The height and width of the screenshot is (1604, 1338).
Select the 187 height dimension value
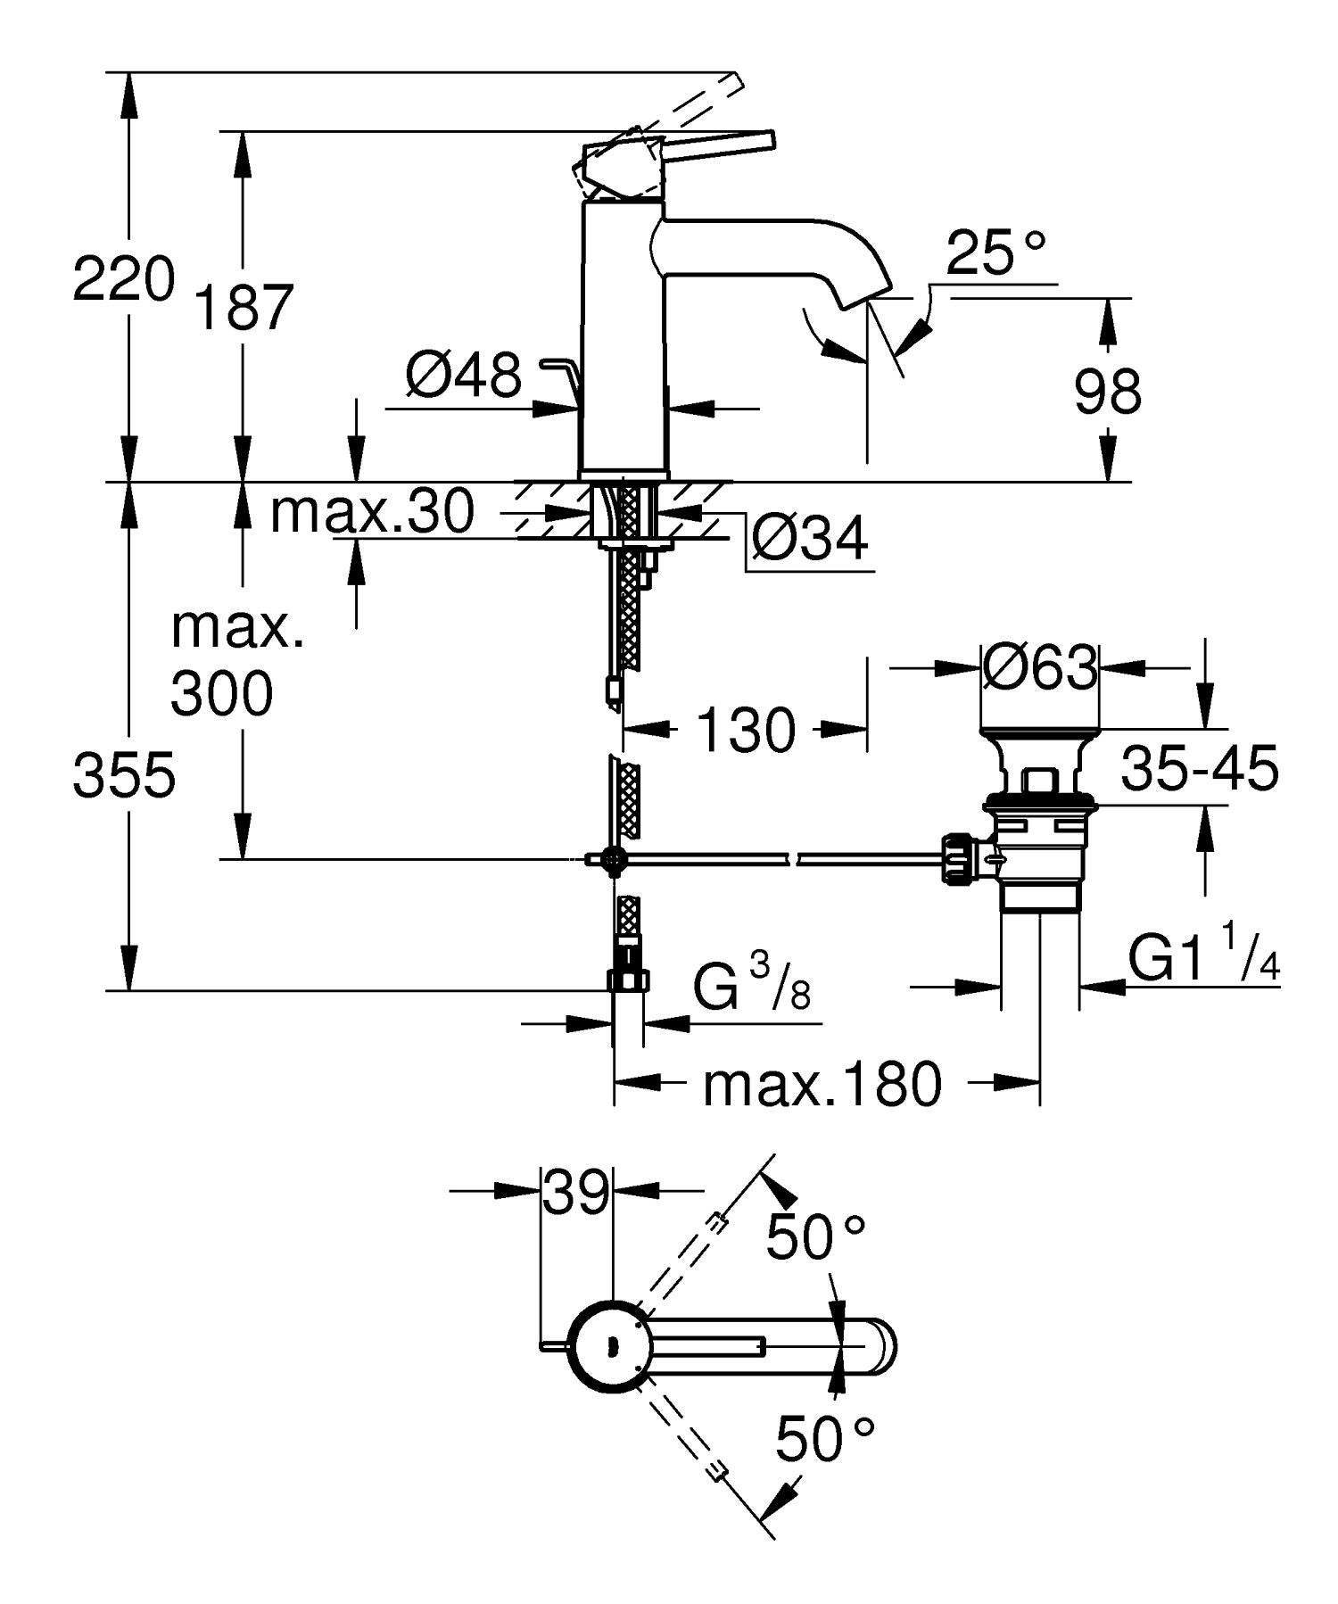tap(244, 309)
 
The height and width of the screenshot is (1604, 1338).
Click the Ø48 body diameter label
tap(463, 375)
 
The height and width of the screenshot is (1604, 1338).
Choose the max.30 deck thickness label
tap(372, 512)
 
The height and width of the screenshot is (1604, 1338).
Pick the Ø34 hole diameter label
tap(809, 539)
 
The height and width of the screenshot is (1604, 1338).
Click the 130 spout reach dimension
tap(745, 730)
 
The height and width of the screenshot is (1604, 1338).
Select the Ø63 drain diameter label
tap(1039, 666)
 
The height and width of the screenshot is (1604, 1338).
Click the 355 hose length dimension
tap(124, 774)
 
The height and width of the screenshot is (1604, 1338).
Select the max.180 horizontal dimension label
tap(822, 1085)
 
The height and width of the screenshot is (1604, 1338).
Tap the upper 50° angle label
tap(816, 1236)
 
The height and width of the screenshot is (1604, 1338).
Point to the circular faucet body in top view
tap(611, 1346)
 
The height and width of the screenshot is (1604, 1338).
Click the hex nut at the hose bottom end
tap(627, 980)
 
